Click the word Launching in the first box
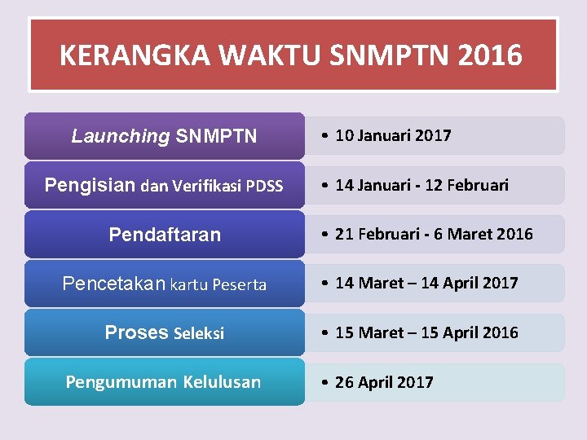tap(120, 136)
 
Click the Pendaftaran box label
tap(165, 235)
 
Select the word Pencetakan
tap(113, 284)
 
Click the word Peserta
tap(240, 284)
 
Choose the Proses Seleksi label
tap(165, 332)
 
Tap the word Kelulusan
tap(222, 381)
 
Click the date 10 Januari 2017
tap(393, 135)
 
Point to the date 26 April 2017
tap(384, 382)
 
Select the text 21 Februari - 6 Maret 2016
tap(434, 234)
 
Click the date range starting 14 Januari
tap(421, 185)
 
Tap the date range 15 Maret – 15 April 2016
tap(426, 332)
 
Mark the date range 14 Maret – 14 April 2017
tap(426, 283)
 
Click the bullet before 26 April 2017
tap(325, 382)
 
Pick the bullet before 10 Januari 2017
tap(325, 135)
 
